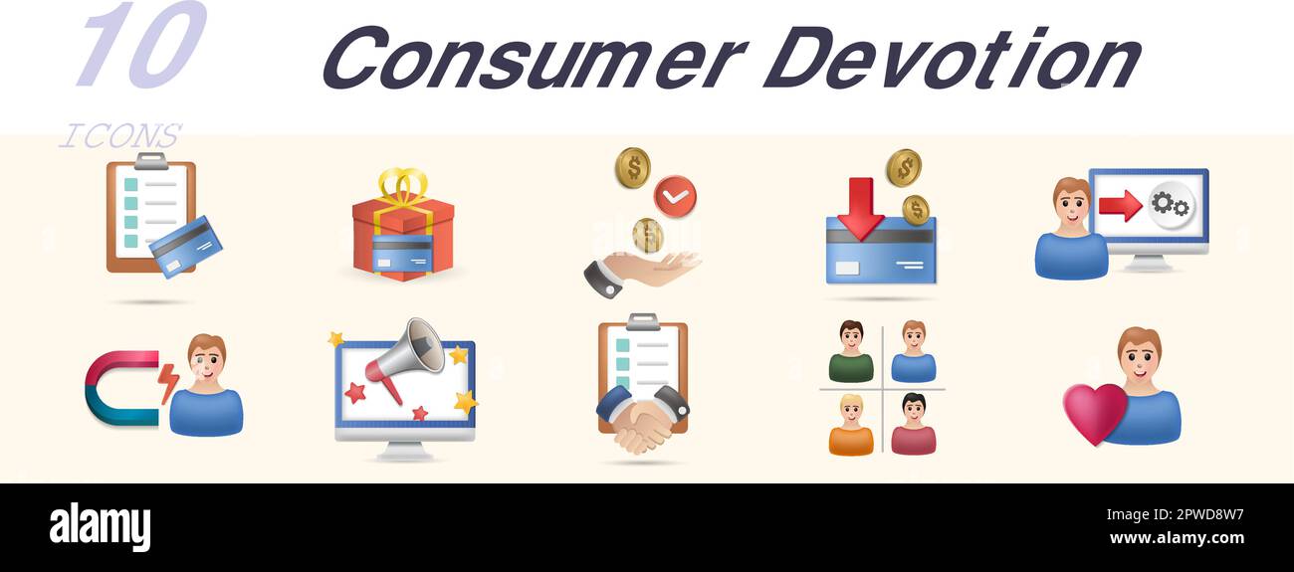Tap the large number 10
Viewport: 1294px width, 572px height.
[139, 45]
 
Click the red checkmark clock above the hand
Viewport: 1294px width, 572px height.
[675, 196]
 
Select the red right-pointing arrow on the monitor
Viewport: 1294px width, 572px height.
[1120, 206]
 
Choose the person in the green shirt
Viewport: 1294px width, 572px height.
[851, 352]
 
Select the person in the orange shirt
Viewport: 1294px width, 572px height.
[851, 425]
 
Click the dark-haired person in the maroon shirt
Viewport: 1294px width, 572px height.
[913, 425]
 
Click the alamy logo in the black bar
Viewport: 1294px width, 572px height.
[101, 527]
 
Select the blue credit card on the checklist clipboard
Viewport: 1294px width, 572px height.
[185, 247]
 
